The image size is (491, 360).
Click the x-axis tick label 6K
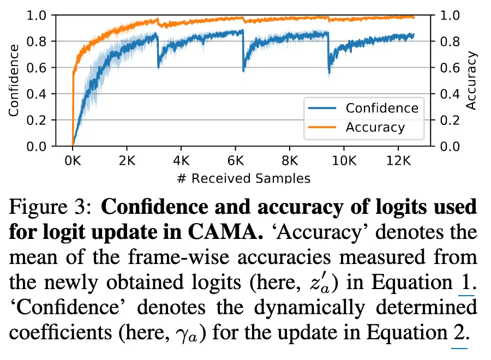235,162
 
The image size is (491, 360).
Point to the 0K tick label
73,162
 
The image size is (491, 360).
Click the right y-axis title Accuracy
472,80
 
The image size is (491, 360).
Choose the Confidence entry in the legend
381,107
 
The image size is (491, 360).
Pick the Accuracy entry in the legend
375,128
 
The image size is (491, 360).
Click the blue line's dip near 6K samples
243,70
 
